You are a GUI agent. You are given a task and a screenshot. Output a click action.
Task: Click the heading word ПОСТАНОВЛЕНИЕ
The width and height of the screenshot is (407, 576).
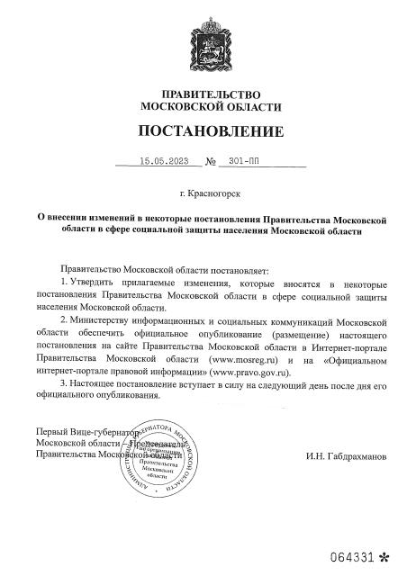(x=211, y=132)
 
